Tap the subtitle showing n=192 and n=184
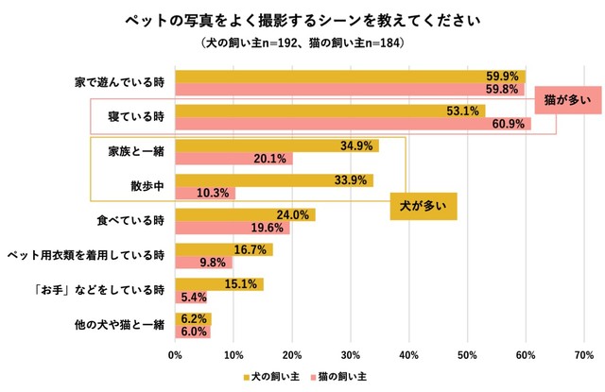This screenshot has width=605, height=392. pyautogui.click(x=302, y=43)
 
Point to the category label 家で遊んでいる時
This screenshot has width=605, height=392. pyautogui.click(x=120, y=83)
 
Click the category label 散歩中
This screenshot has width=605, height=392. pyautogui.click(x=147, y=186)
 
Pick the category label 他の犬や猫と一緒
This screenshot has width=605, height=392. pyautogui.click(x=120, y=325)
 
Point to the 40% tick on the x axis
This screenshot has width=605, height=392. pyautogui.click(x=408, y=356)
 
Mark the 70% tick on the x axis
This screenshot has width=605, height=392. pyautogui.click(x=583, y=356)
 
